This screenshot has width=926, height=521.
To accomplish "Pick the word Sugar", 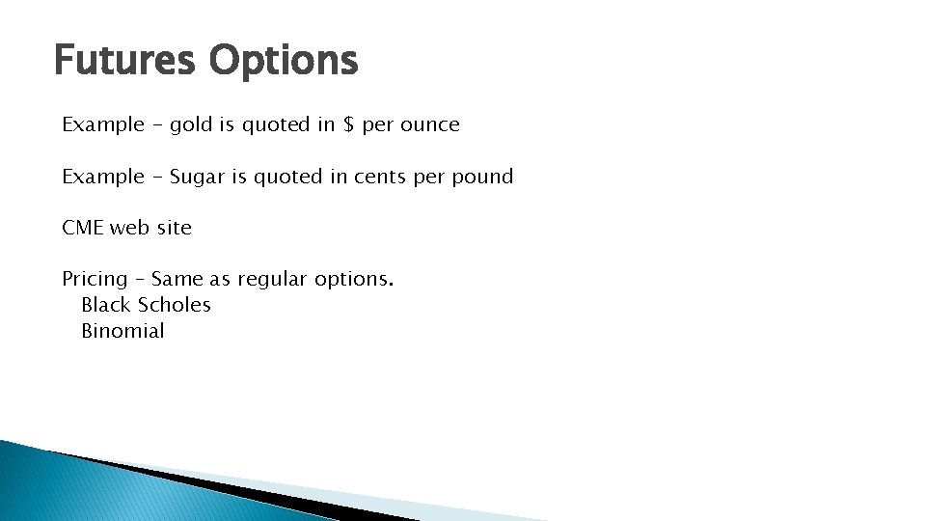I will pyautogui.click(x=196, y=178).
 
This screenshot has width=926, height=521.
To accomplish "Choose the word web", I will pyautogui.click(x=129, y=229).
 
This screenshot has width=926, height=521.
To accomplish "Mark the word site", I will pyautogui.click(x=175, y=229).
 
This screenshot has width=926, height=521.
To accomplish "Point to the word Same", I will pyautogui.click(x=177, y=280).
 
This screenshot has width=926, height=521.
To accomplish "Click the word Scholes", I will pyautogui.click(x=175, y=305).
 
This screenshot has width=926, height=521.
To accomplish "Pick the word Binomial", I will pyautogui.click(x=123, y=331).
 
